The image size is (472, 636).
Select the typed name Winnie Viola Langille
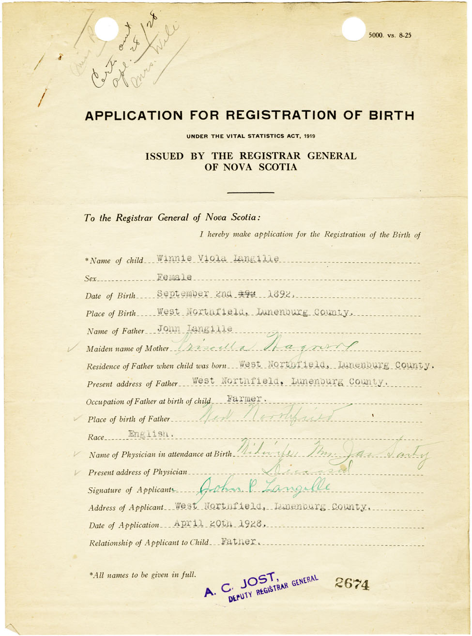point(218,259)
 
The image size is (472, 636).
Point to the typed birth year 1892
point(281,294)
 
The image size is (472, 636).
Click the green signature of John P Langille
point(264,485)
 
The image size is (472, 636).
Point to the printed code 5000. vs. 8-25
point(390,35)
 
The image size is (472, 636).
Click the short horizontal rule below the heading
point(250,192)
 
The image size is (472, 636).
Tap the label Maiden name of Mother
point(128,349)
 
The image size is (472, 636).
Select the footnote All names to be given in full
point(143,575)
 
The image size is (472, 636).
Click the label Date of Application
point(124,525)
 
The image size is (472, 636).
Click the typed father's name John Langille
point(195,329)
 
